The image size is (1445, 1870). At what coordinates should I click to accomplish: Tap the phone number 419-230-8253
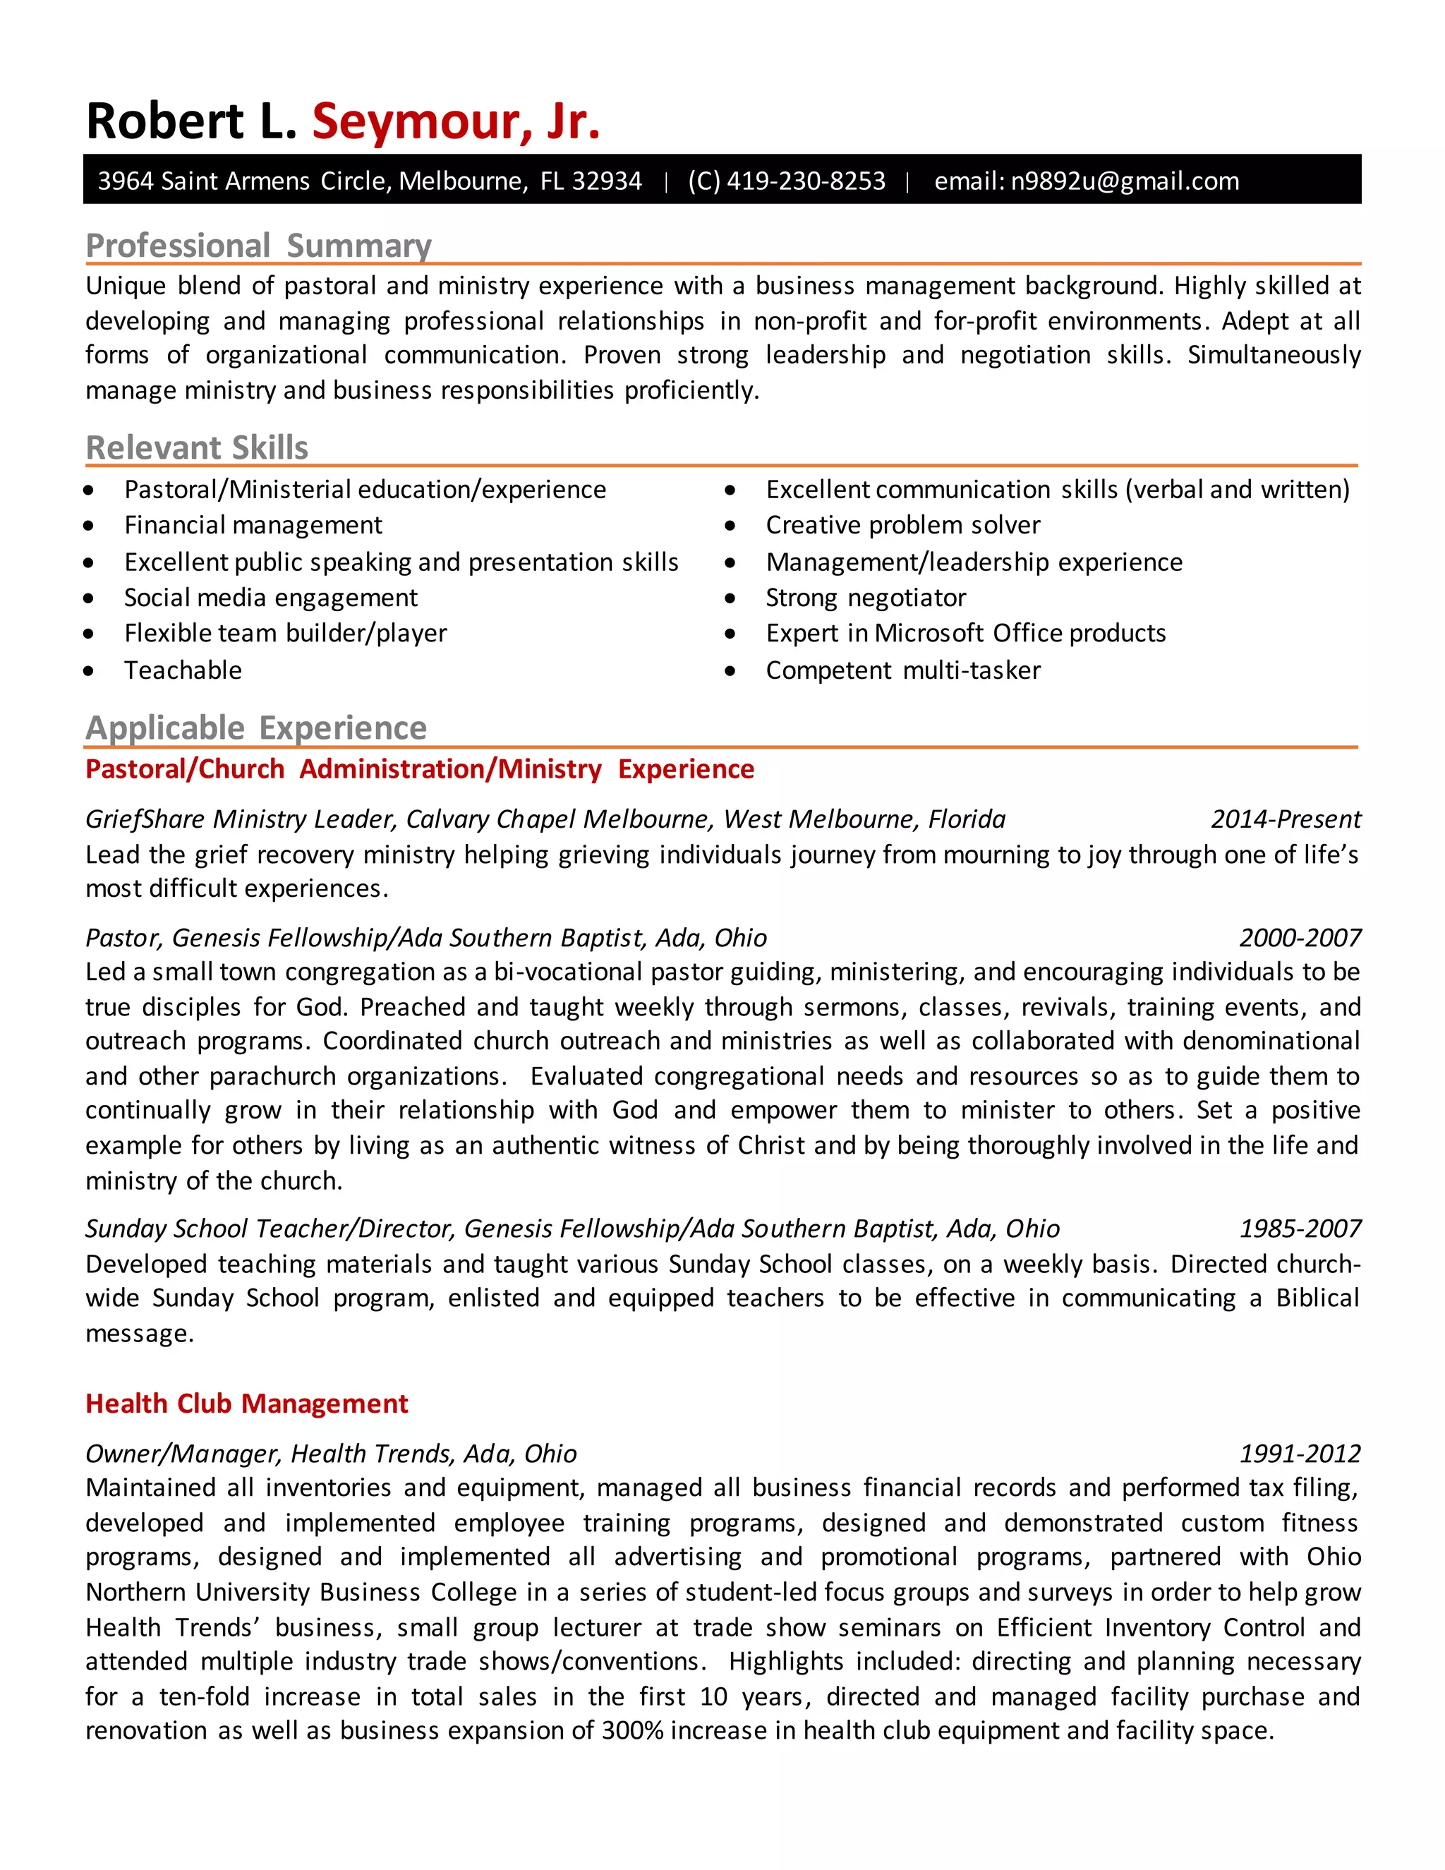coord(806,181)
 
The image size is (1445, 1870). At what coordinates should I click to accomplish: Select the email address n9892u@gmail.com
coord(1125,181)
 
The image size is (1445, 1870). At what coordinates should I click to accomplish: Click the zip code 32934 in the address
coord(607,181)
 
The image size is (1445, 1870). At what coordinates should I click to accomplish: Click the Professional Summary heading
coord(258,246)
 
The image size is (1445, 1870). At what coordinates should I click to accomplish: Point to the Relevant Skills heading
coord(197,448)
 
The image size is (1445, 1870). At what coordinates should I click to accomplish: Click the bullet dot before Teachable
coord(89,671)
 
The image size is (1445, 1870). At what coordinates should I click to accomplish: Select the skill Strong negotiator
coord(866,598)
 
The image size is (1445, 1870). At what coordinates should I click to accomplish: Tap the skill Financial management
coord(253,525)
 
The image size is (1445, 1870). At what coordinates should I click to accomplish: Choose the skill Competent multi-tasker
coord(903,670)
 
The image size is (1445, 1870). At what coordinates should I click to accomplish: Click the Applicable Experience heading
coord(256,728)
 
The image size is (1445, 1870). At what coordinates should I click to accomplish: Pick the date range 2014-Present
coord(1286,819)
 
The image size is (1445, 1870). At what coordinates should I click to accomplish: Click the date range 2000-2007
coord(1300,939)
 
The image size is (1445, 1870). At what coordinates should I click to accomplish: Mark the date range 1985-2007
coord(1300,1229)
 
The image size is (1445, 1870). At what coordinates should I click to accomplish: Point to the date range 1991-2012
coord(1300,1454)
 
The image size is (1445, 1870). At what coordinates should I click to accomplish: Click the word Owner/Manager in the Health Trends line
coord(183,1454)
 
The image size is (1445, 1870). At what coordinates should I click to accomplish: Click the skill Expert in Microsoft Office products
coord(966,634)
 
